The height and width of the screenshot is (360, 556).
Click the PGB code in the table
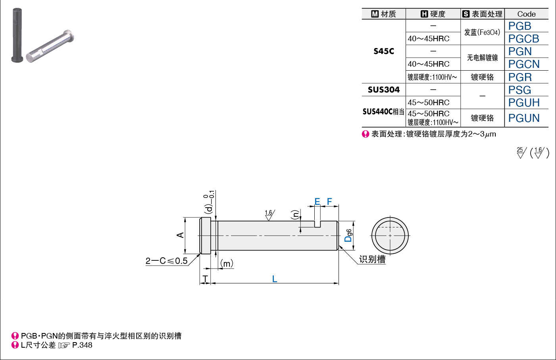pyautogui.click(x=519, y=26)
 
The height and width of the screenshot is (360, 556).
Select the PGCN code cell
pyautogui.click(x=524, y=64)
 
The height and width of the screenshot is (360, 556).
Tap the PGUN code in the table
pyautogui.click(x=524, y=118)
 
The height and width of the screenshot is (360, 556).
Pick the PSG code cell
pyautogui.click(x=519, y=90)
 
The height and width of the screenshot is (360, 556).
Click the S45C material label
pyautogui.click(x=384, y=51)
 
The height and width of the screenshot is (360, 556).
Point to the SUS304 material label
pyautogui.click(x=384, y=89)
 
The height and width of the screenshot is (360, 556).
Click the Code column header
pyautogui.click(x=526, y=14)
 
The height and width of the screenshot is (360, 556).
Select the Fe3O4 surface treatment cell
pyautogui.click(x=482, y=32)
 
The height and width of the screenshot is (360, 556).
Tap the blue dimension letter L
pyautogui.click(x=274, y=279)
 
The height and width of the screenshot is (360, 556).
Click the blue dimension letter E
pyautogui.click(x=317, y=201)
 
